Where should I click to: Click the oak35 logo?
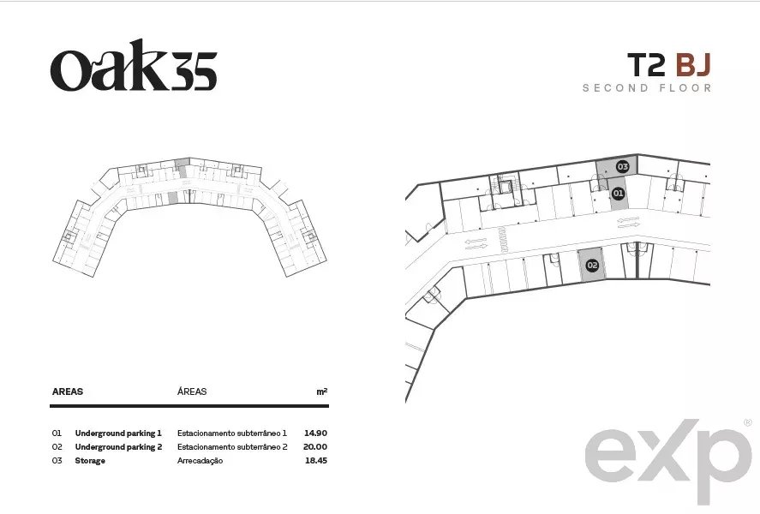point(134,65)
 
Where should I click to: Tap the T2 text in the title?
point(647,65)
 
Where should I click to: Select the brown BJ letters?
point(693,65)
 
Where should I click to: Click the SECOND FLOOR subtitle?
point(647,88)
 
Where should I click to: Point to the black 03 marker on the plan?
point(622,167)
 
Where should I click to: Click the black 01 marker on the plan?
point(618,194)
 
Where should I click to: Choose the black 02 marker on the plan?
point(592,265)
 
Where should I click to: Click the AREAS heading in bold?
point(68,391)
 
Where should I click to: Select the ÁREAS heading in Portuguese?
point(192,391)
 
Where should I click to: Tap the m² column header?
point(322,391)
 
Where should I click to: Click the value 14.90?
point(315,433)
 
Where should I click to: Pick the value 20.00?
point(315,446)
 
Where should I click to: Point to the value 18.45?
point(316,460)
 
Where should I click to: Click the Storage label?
point(90,460)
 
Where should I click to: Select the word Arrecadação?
point(200,460)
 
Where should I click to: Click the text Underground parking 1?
point(118,433)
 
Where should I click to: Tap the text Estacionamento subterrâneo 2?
point(232,446)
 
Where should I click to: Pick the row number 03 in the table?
point(57,460)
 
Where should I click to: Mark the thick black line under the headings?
point(189,406)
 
